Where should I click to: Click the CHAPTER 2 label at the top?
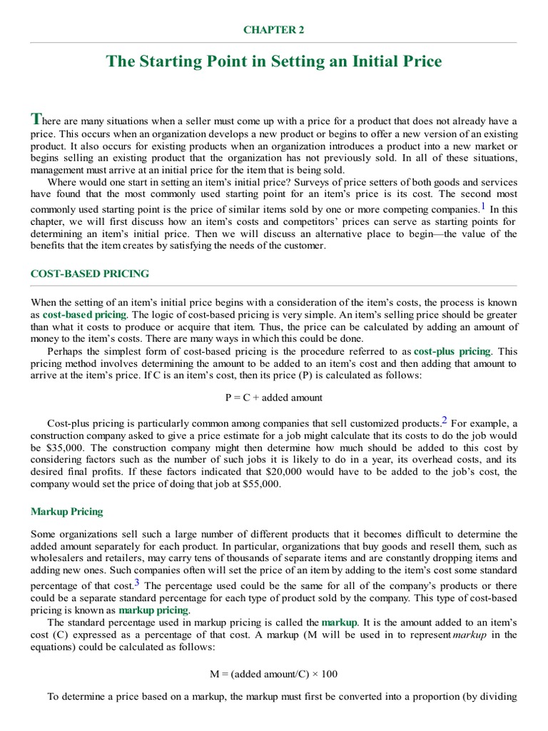274,30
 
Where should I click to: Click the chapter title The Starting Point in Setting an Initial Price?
274,61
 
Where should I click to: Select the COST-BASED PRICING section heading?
89,273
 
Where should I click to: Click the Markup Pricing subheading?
66,511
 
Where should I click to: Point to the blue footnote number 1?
483,207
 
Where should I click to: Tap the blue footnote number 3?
136,583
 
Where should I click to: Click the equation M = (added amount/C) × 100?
273,673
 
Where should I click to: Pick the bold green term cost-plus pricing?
452,351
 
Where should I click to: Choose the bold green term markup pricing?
153,610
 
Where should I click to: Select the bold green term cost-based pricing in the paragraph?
84,314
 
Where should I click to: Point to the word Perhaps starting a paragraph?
68,351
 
